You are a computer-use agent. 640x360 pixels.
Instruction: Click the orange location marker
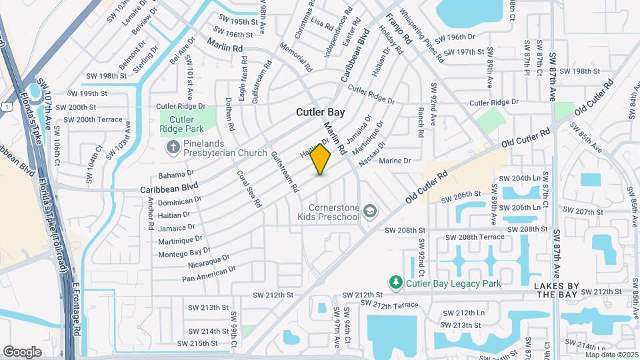tap(321, 159)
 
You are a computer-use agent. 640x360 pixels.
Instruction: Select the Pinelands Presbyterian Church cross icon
tap(173, 147)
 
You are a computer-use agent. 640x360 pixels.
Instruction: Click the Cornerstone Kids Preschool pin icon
tap(371, 212)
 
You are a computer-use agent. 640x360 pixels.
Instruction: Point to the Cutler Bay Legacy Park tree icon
tap(396, 283)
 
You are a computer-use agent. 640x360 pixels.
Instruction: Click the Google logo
tap(22, 351)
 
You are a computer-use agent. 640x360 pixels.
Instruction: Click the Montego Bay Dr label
tap(184, 252)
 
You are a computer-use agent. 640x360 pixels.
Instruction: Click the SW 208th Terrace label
tap(475, 237)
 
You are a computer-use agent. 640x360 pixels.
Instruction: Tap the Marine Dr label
tap(395, 161)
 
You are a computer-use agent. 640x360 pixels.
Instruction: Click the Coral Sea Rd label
tap(248, 189)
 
